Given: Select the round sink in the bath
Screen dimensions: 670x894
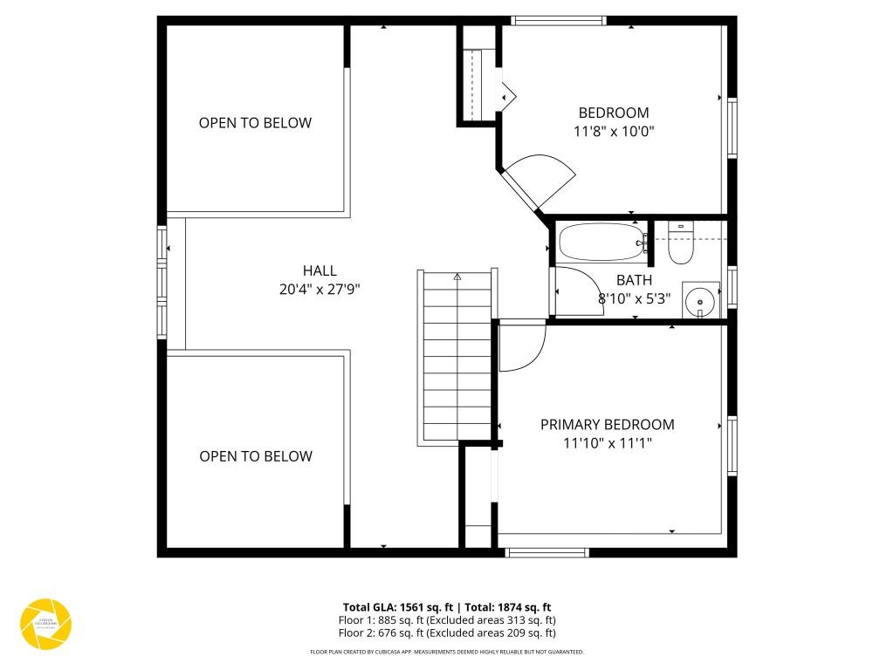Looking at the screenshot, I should pos(700,302).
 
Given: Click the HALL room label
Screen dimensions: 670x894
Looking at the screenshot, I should pos(320,271).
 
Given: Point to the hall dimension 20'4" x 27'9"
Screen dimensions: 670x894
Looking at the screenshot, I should pos(320,290).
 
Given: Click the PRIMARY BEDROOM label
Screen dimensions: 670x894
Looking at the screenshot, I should pos(607,425).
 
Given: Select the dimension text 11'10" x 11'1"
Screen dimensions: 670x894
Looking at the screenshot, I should pos(607,443).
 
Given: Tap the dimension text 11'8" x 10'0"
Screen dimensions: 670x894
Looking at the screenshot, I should pos(614,132).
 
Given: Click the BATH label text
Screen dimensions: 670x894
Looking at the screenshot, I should pos(634,280).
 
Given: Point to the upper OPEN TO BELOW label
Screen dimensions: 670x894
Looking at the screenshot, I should pos(255,123).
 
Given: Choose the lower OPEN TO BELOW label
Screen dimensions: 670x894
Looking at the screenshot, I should pos(255,456).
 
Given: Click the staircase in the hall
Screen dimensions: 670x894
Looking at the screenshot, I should pos(457,358).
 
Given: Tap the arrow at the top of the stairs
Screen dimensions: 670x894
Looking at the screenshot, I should pos(457,276).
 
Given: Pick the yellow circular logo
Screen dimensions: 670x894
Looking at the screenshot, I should pos(45,624).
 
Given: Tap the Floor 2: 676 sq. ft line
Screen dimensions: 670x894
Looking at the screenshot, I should pos(446,633).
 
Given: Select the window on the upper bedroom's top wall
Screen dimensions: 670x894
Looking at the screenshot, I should pos(559,21).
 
